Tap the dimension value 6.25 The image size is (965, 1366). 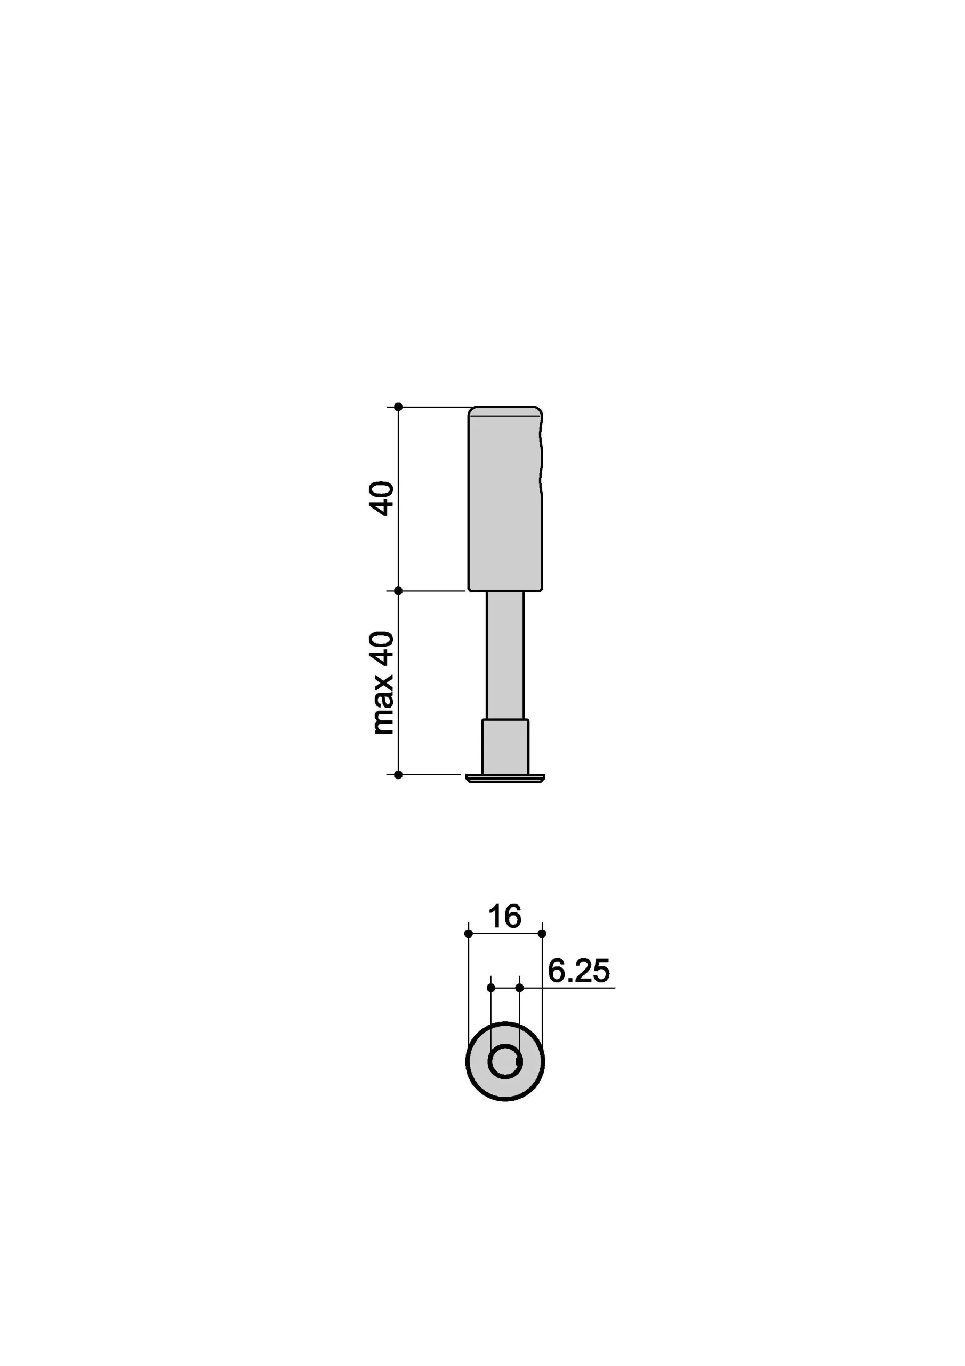point(578,972)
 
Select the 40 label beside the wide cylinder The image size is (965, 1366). point(382,498)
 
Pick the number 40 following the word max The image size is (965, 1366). point(382,648)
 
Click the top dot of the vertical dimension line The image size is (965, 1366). point(398,407)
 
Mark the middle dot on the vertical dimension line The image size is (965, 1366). point(398,591)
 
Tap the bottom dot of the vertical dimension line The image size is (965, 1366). point(398,775)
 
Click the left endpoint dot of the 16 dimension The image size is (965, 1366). point(469,933)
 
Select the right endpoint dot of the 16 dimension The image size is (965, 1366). point(542,933)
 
